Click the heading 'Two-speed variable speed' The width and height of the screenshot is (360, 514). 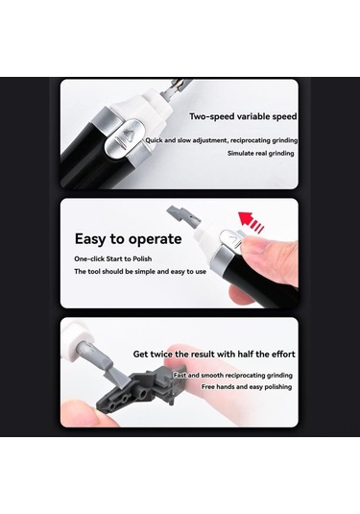click(243, 116)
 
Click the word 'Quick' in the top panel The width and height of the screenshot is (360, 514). click(156, 140)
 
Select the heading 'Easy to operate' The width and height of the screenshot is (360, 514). click(127, 238)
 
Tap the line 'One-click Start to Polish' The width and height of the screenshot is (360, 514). click(113, 259)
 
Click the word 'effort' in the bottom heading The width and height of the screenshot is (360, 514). click(279, 354)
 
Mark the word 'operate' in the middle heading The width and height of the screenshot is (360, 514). click(154, 238)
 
